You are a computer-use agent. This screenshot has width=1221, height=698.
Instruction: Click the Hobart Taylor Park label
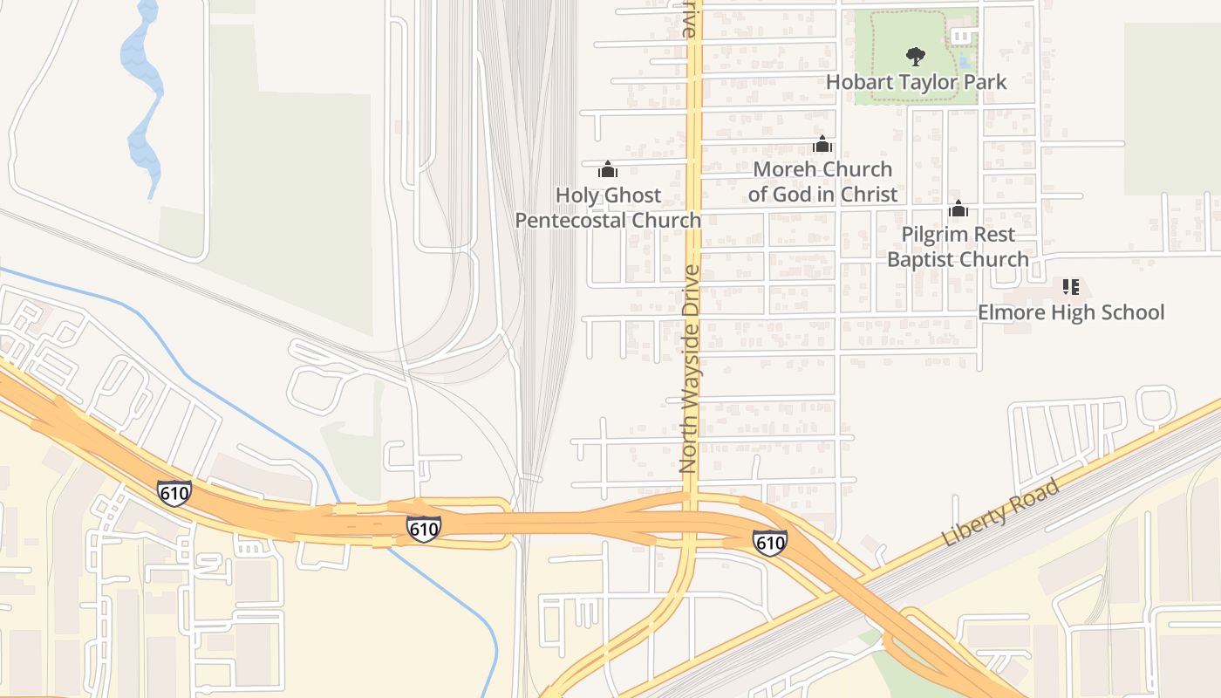pyautogui.click(x=916, y=82)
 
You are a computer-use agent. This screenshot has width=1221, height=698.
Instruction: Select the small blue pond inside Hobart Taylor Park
pyautogui.click(x=963, y=61)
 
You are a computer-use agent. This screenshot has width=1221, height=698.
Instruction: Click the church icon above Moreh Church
pyautogui.click(x=822, y=144)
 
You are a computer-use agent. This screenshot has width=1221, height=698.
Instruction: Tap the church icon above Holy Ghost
pyautogui.click(x=608, y=169)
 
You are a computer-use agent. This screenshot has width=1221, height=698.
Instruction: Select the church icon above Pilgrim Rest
pyautogui.click(x=958, y=209)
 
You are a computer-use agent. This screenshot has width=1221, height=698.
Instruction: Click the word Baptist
pyautogui.click(x=922, y=259)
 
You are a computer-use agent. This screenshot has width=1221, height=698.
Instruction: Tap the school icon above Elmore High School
pyautogui.click(x=1071, y=286)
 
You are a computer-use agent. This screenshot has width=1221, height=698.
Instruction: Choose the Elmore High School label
pyautogui.click(x=1071, y=312)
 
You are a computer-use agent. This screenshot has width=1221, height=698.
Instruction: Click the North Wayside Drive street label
pyautogui.click(x=691, y=369)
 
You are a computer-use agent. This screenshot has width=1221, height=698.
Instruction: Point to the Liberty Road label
pyautogui.click(x=1002, y=513)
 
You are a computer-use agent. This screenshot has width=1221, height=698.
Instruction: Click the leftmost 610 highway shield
pyautogui.click(x=174, y=493)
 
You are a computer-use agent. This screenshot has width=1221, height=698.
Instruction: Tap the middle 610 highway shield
pyautogui.click(x=423, y=528)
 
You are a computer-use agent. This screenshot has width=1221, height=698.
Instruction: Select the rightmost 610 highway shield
pyautogui.click(x=770, y=543)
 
